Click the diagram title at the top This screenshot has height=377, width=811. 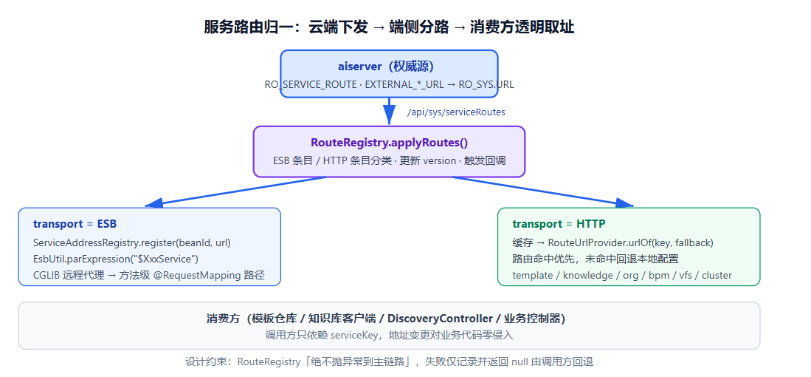pos(389,27)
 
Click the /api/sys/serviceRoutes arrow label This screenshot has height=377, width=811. pos(456,112)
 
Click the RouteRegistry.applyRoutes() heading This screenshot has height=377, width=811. pos(389,143)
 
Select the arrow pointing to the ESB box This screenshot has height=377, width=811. pos(236,191)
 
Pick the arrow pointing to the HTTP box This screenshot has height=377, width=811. pos(543,191)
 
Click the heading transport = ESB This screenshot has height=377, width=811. pos(75,224)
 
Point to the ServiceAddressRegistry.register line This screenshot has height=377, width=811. pos(132,242)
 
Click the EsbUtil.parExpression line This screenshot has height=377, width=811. pos(116,259)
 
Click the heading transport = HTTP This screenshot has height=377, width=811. pos(559,224)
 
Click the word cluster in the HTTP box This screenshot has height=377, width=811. pos(717,275)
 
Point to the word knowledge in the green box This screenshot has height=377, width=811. pos(588,275)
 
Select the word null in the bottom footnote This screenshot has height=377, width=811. pos(520,361)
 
